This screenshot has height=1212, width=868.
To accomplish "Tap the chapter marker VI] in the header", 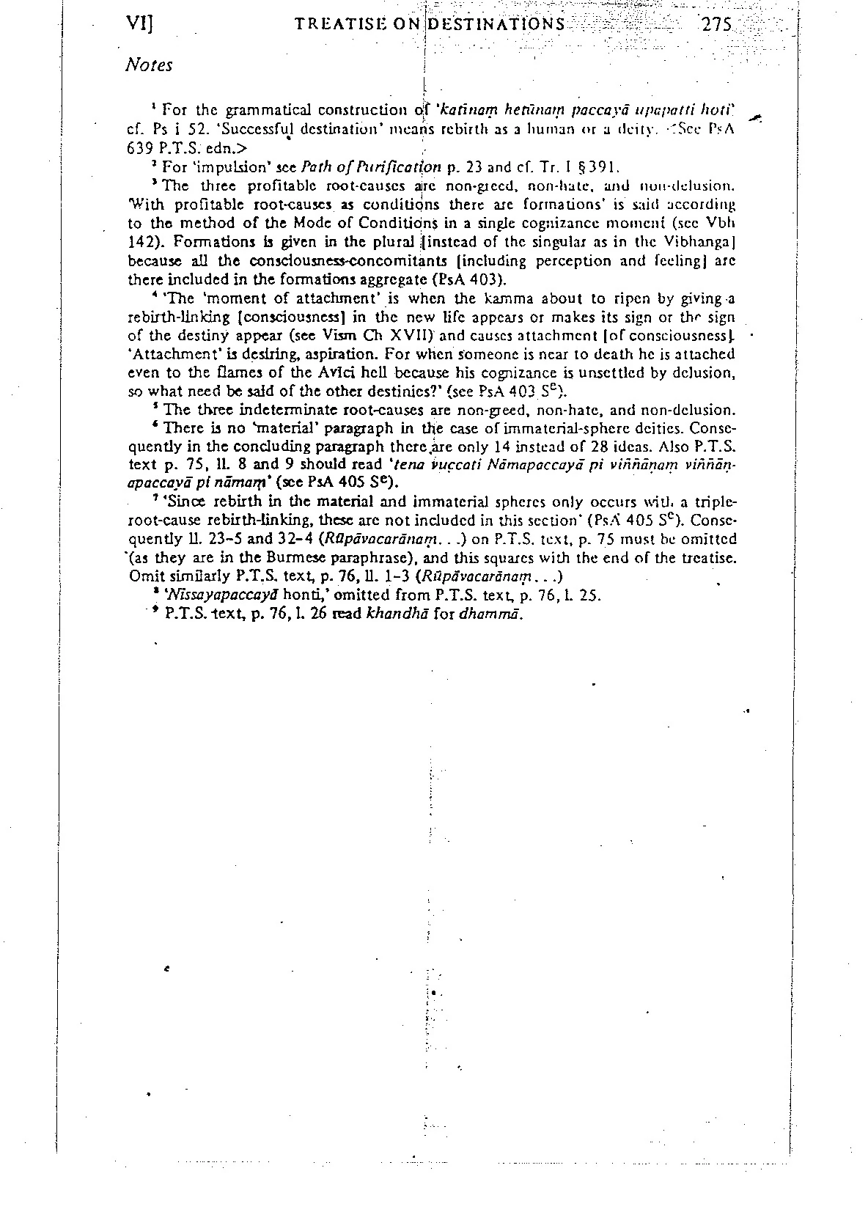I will [139, 23].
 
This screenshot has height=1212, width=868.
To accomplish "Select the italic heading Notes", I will [149, 65].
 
